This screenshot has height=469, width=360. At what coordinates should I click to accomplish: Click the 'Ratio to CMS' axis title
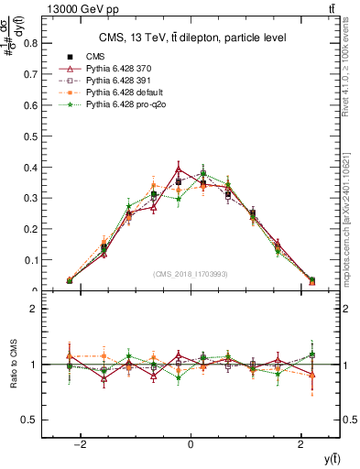pyautogui.click(x=14, y=364)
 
